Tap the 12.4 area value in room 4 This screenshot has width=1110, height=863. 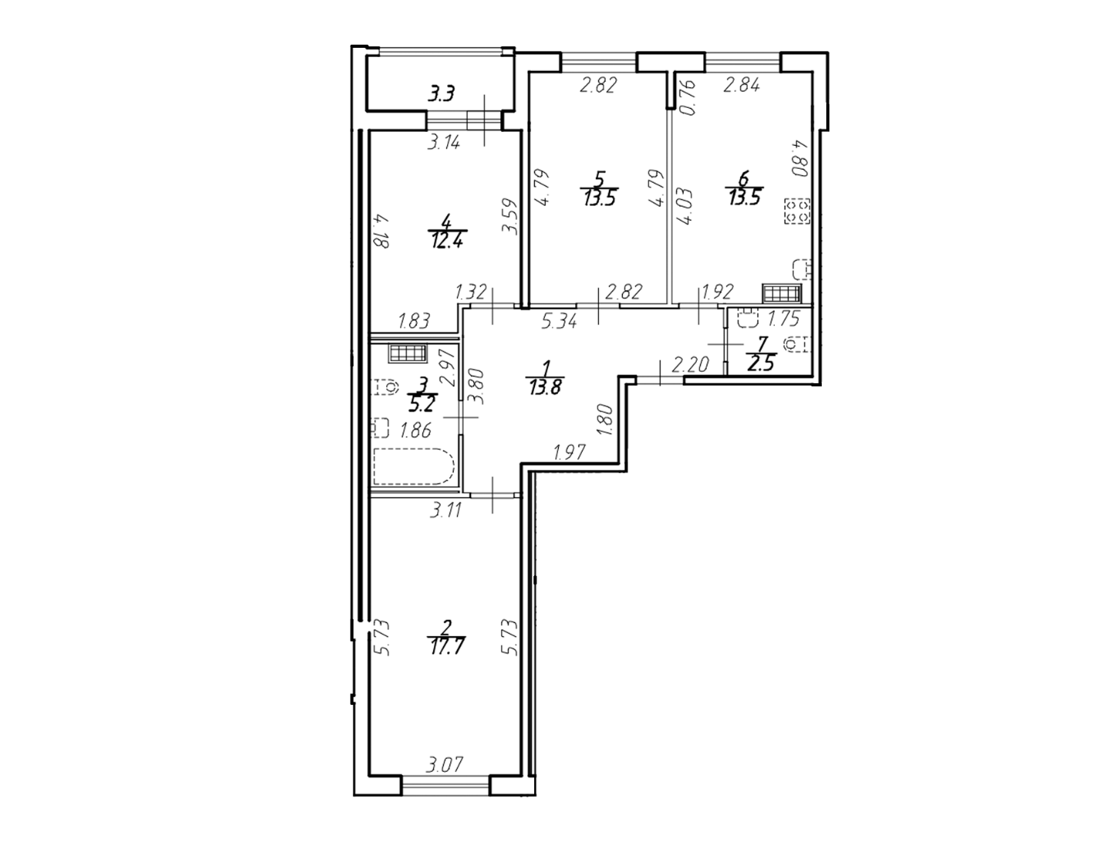(x=447, y=240)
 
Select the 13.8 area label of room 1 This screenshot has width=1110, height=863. (x=545, y=387)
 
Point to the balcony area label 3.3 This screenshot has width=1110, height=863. (x=442, y=94)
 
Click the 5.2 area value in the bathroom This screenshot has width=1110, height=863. (x=421, y=404)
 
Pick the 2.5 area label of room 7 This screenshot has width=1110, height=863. (x=762, y=365)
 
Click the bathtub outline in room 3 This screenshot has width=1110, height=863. (x=414, y=467)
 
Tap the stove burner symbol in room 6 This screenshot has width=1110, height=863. (x=797, y=211)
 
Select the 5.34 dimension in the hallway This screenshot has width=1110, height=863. (x=560, y=322)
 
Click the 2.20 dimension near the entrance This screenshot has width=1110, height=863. (x=691, y=365)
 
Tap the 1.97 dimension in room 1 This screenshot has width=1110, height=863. (x=570, y=452)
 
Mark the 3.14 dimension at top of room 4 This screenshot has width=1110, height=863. (x=443, y=142)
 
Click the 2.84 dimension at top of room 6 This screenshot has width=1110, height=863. (x=742, y=84)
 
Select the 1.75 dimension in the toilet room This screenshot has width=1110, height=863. (x=784, y=319)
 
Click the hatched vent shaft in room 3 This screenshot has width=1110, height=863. (x=407, y=353)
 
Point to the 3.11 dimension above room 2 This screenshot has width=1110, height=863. (x=446, y=510)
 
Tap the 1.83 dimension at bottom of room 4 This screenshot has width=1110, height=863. (x=414, y=321)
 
